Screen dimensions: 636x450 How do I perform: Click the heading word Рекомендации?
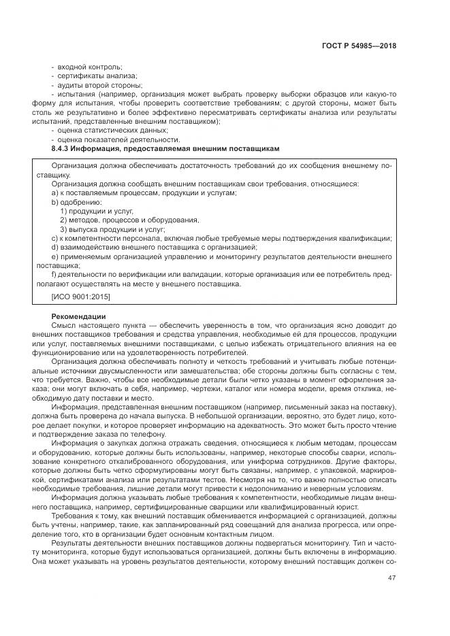click(78, 316)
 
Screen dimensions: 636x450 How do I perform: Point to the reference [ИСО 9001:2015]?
click(80, 297)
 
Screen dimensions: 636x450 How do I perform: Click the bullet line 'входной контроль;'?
click(89, 67)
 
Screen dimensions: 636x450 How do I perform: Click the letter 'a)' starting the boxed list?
click(54, 193)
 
